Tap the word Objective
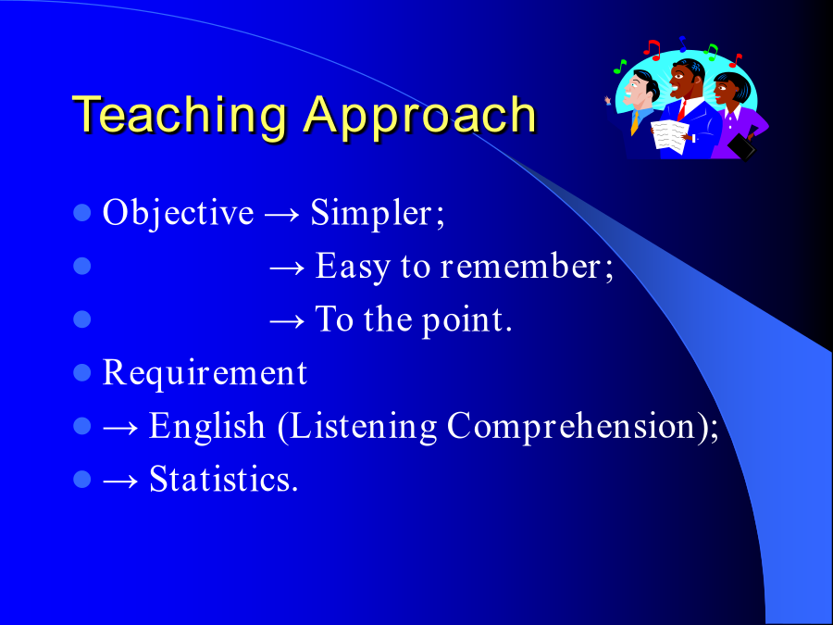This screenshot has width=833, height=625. (x=178, y=214)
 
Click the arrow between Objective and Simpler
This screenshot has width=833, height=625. (x=282, y=215)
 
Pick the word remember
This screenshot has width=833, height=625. (x=525, y=266)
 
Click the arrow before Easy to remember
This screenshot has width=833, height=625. (x=288, y=269)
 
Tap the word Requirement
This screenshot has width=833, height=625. (x=205, y=372)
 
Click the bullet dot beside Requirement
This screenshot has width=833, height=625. (x=81, y=372)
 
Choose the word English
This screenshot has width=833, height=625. (x=207, y=426)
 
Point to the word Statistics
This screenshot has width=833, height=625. (x=223, y=479)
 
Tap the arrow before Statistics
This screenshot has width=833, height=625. (x=120, y=481)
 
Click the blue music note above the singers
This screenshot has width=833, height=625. (x=683, y=44)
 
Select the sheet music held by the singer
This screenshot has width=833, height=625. (x=669, y=137)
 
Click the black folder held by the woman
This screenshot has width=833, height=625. (x=741, y=146)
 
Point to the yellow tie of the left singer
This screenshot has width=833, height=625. (x=635, y=123)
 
